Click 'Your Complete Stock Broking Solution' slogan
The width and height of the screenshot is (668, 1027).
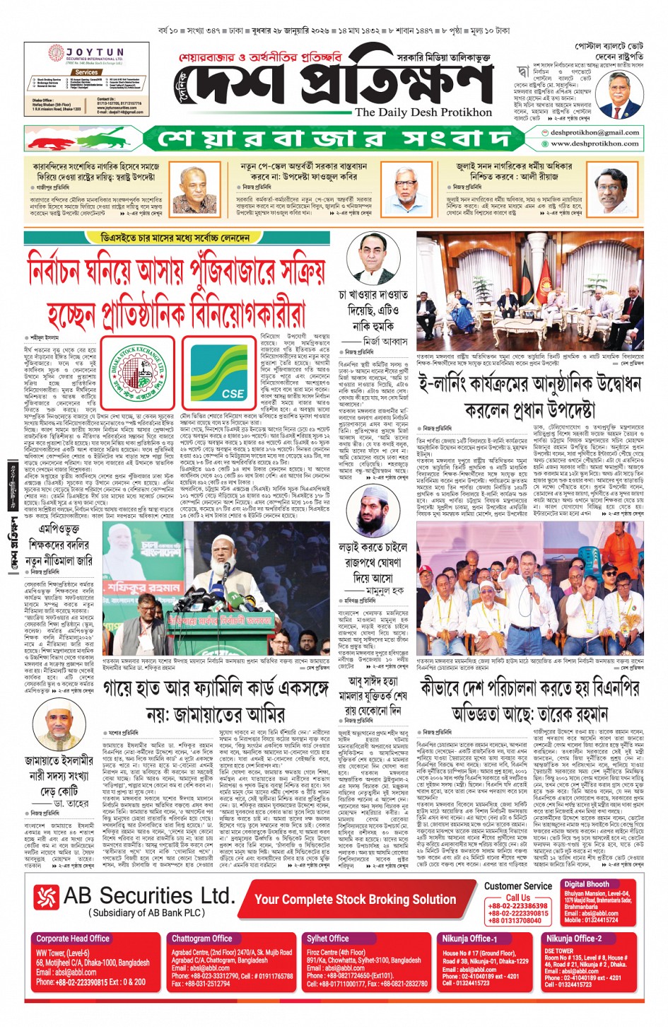(x=355, y=899)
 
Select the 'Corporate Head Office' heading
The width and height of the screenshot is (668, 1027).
(x=73, y=939)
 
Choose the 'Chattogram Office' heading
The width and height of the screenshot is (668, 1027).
(x=202, y=939)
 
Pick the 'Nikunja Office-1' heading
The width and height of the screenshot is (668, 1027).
(x=469, y=939)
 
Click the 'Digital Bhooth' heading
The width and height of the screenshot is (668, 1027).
(x=586, y=884)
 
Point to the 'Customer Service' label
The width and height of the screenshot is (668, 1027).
(x=518, y=886)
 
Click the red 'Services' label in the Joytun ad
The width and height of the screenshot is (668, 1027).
(x=86, y=72)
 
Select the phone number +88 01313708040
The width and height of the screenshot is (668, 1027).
(x=515, y=920)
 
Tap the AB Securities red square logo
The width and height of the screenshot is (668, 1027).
(x=46, y=897)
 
